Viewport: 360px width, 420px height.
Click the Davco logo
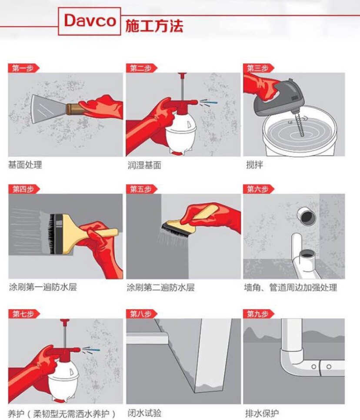click(90, 21)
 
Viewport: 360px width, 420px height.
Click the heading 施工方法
click(154, 26)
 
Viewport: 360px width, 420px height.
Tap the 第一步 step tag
click(23, 68)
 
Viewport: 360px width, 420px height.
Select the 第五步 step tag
click(141, 189)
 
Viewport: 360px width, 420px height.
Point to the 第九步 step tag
click(258, 314)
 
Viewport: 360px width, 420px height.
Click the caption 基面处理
click(25, 165)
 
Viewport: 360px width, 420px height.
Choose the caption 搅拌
click(255, 165)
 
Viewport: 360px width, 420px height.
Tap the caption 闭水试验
click(144, 413)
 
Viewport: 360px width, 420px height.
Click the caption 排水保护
click(262, 413)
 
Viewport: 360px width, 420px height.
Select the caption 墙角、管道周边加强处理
click(290, 288)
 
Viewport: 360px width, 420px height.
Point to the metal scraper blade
click(48, 109)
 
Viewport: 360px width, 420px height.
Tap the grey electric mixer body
click(279, 98)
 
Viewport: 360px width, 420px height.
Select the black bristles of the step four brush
click(51, 234)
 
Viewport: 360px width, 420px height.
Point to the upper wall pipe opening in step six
click(307, 216)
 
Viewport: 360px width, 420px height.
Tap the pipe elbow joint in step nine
click(292, 357)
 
